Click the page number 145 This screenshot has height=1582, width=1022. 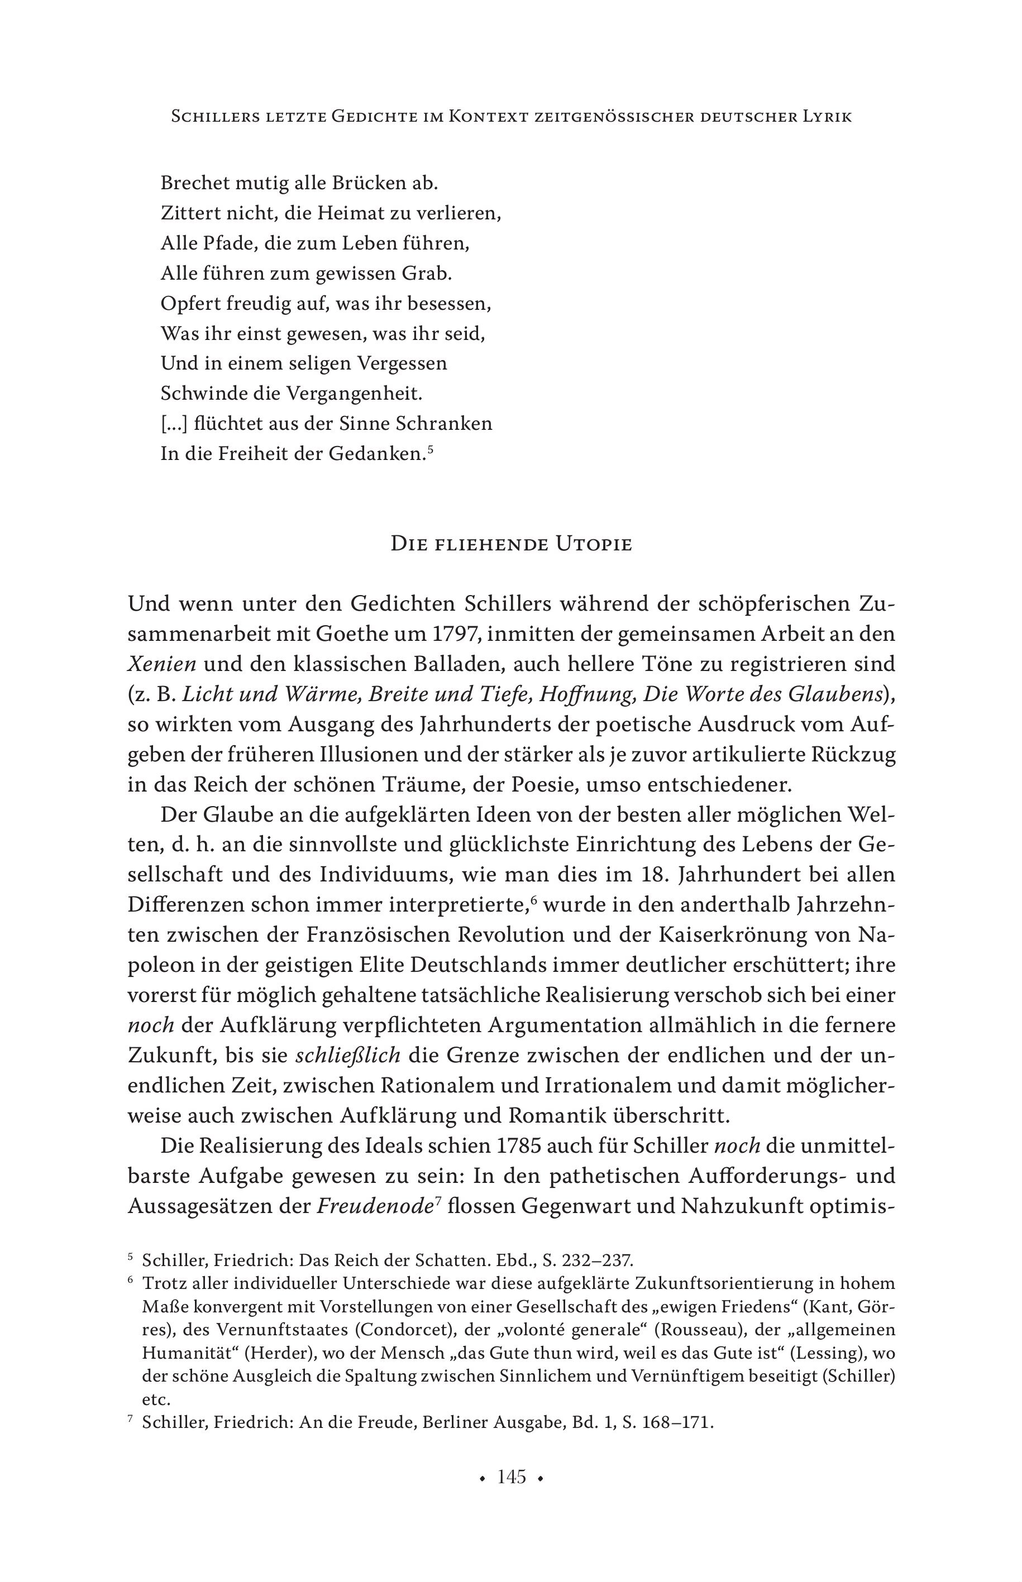pyautogui.click(x=511, y=1477)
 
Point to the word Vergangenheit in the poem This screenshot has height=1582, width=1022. pyautogui.click(x=354, y=394)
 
